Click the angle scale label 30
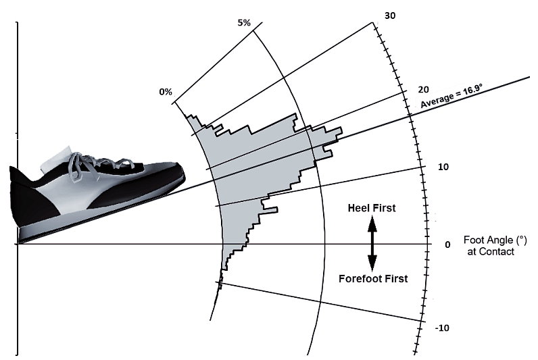(389, 15)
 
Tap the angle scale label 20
(406, 90)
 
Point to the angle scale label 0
(447, 245)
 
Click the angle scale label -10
(442, 328)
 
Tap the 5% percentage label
(244, 23)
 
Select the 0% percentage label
(166, 92)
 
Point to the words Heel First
(372, 209)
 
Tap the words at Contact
(491, 251)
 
